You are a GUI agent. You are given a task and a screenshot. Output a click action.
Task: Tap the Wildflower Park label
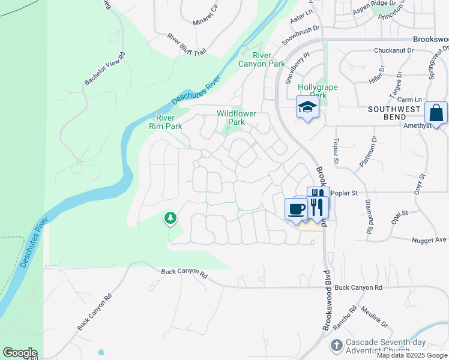point(237,118)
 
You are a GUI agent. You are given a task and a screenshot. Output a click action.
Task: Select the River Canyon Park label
point(261,59)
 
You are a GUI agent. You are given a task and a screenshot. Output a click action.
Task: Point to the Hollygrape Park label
point(318,91)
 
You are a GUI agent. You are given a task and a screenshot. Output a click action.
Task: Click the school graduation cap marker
point(307,108)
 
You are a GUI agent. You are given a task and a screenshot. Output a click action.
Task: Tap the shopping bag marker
point(436,113)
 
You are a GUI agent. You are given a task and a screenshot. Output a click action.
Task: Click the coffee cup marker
point(296,209)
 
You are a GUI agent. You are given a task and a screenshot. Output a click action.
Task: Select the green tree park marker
point(170,218)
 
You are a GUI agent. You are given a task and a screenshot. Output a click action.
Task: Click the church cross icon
point(337,346)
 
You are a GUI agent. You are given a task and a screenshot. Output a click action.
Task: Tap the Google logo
point(20,353)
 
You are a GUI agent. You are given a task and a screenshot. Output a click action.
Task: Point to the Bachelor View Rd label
point(104,69)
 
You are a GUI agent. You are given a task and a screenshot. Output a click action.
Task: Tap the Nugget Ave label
point(429,240)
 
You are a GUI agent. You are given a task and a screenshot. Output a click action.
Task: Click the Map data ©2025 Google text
point(412,355)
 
